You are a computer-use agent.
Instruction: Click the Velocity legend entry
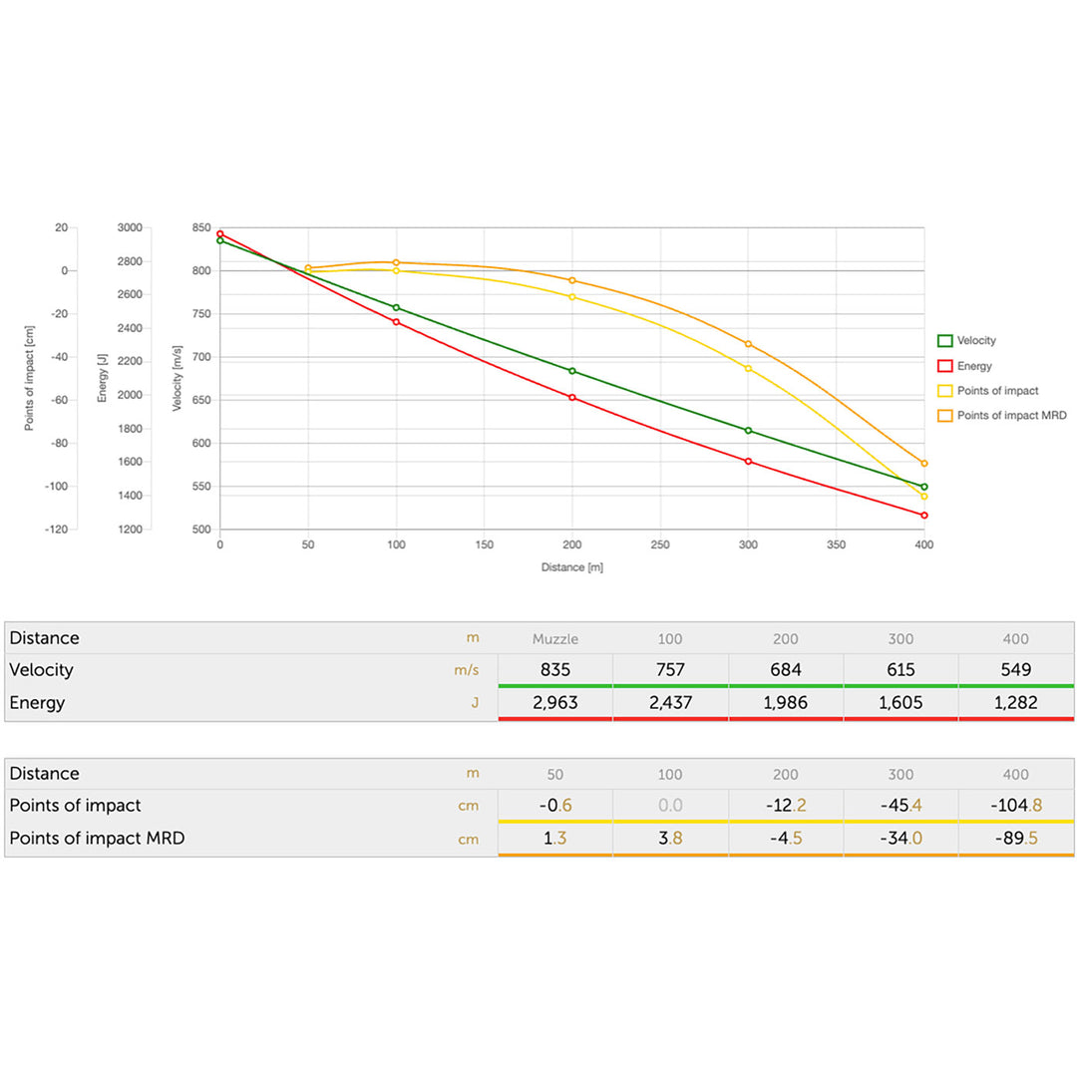tap(975, 341)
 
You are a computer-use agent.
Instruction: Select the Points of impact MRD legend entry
tap(1010, 415)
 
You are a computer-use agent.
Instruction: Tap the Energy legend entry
tap(973, 366)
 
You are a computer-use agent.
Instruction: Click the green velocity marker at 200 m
tap(572, 371)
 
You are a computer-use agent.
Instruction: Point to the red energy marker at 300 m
tap(748, 461)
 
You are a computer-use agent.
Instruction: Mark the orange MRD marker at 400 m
tap(924, 464)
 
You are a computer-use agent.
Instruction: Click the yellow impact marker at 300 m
tap(748, 368)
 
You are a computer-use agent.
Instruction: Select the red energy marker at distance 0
tap(220, 234)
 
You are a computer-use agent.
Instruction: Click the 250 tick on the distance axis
tap(660, 545)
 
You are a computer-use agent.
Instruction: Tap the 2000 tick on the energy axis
tap(131, 395)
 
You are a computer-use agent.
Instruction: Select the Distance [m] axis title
tap(572, 567)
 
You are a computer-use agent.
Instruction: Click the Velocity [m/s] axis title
tap(178, 378)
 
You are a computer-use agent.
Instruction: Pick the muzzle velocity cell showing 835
tap(555, 670)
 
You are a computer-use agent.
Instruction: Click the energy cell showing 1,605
tap(900, 703)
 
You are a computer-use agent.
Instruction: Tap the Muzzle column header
tap(555, 638)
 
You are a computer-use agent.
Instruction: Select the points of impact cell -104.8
tap(1016, 806)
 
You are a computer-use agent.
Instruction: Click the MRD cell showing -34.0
tap(900, 839)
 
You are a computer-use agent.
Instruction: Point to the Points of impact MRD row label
tap(97, 839)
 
